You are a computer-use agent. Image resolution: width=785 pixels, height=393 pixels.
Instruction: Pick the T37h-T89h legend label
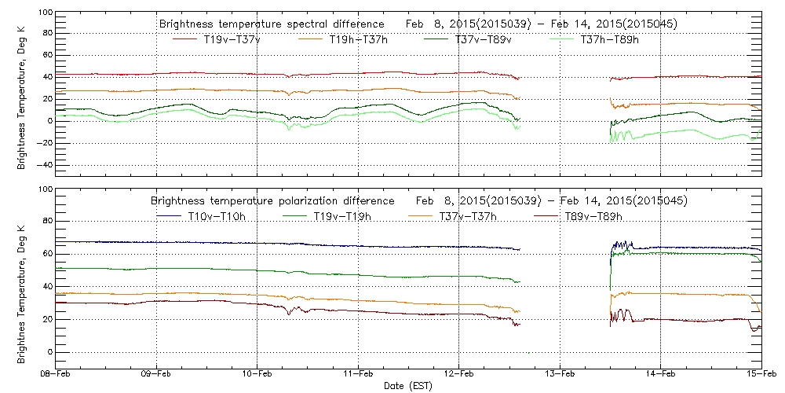pyautogui.click(x=609, y=39)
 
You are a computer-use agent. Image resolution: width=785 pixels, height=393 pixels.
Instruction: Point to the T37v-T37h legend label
pyautogui.click(x=469, y=216)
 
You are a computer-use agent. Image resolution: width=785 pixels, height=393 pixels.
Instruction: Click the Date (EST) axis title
pyautogui.click(x=407, y=386)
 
